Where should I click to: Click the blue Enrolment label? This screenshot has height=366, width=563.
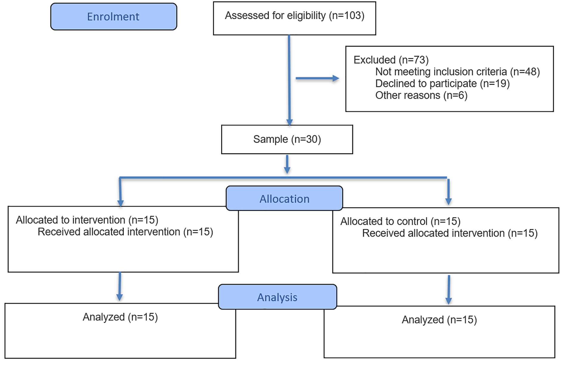click(x=113, y=17)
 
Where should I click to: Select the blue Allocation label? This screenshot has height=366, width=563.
click(x=284, y=198)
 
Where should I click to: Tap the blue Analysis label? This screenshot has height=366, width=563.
click(x=277, y=297)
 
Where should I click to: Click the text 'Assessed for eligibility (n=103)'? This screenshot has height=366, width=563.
click(x=295, y=15)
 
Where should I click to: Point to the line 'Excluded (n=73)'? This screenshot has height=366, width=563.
click(x=391, y=60)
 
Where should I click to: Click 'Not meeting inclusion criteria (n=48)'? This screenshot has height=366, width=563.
click(x=458, y=72)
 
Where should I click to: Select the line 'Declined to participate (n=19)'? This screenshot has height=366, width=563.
click(x=442, y=84)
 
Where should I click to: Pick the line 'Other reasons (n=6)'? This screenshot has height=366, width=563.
click(x=421, y=95)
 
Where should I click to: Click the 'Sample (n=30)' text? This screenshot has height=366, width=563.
click(x=287, y=139)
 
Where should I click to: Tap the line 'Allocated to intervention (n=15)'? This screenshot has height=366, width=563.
click(x=87, y=220)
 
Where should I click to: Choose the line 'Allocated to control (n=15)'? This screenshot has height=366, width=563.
click(x=400, y=221)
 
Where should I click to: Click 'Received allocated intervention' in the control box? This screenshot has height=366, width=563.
click(x=433, y=233)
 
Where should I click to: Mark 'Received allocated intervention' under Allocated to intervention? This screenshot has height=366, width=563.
click(x=109, y=232)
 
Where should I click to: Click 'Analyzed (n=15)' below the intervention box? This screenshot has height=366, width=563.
click(x=120, y=317)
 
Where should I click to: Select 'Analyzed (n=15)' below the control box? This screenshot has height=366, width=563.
click(x=439, y=320)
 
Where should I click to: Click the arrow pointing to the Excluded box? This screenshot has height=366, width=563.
click(x=318, y=78)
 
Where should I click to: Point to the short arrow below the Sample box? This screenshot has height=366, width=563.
click(x=287, y=164)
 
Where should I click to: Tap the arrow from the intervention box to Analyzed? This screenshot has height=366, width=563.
click(x=120, y=286)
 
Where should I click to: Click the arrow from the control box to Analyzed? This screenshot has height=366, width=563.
click(x=449, y=290)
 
